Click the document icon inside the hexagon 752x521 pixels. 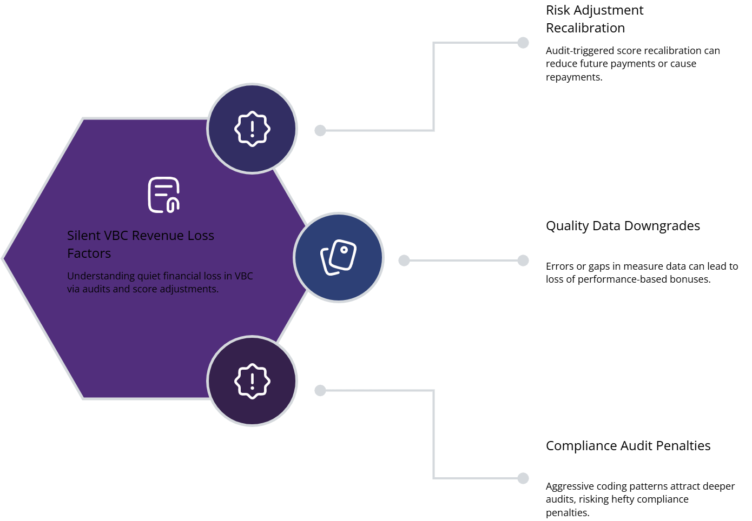pyautogui.click(x=164, y=195)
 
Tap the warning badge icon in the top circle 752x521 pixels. pyautogui.click(x=252, y=129)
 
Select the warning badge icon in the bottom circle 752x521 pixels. pyautogui.click(x=252, y=381)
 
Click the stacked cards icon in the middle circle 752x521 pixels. pyautogui.click(x=339, y=257)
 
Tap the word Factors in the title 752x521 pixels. pyautogui.click(x=89, y=253)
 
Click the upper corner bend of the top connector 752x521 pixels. pyautogui.click(x=434, y=43)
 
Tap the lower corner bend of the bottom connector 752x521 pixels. pyautogui.click(x=434, y=478)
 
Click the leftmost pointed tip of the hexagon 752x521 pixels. pyautogui.click(x=3, y=258)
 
